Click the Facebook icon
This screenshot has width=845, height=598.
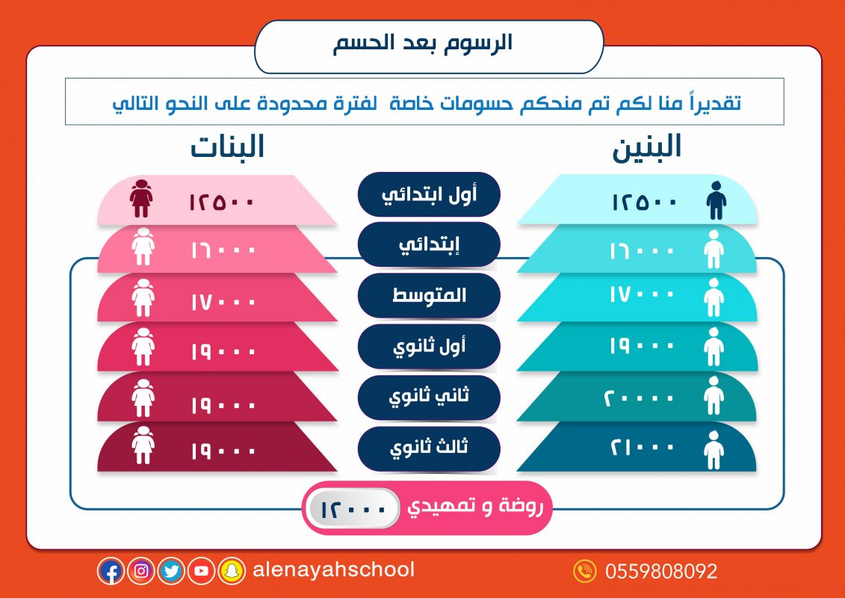pyautogui.click(x=111, y=571)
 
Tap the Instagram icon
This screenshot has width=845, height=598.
pyautogui.click(x=141, y=571)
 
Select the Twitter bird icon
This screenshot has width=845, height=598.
pyautogui.click(x=171, y=571)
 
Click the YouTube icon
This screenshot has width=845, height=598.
pyautogui.click(x=202, y=571)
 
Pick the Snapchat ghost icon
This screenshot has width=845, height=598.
pyautogui.click(x=232, y=571)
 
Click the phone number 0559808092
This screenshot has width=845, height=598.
pyautogui.click(x=661, y=571)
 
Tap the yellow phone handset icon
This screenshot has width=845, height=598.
pyautogui.click(x=585, y=571)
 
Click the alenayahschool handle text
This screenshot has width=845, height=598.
pyautogui.click(x=333, y=570)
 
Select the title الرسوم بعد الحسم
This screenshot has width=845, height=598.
pyautogui.click(x=422, y=43)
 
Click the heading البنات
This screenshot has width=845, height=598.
pyautogui.click(x=227, y=147)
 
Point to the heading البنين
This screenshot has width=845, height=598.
pyautogui.click(x=647, y=147)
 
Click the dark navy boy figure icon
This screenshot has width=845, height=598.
pyautogui.click(x=716, y=200)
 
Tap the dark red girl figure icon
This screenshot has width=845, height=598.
pyautogui.click(x=141, y=198)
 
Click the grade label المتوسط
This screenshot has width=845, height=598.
pyautogui.click(x=429, y=295)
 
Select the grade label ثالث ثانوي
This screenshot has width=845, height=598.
pyautogui.click(x=429, y=448)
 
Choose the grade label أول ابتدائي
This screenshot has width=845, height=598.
pyautogui.click(x=429, y=194)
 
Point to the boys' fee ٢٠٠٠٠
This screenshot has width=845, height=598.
pyautogui.click(x=639, y=398)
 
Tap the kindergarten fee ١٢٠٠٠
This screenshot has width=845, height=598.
pyautogui.click(x=353, y=509)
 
